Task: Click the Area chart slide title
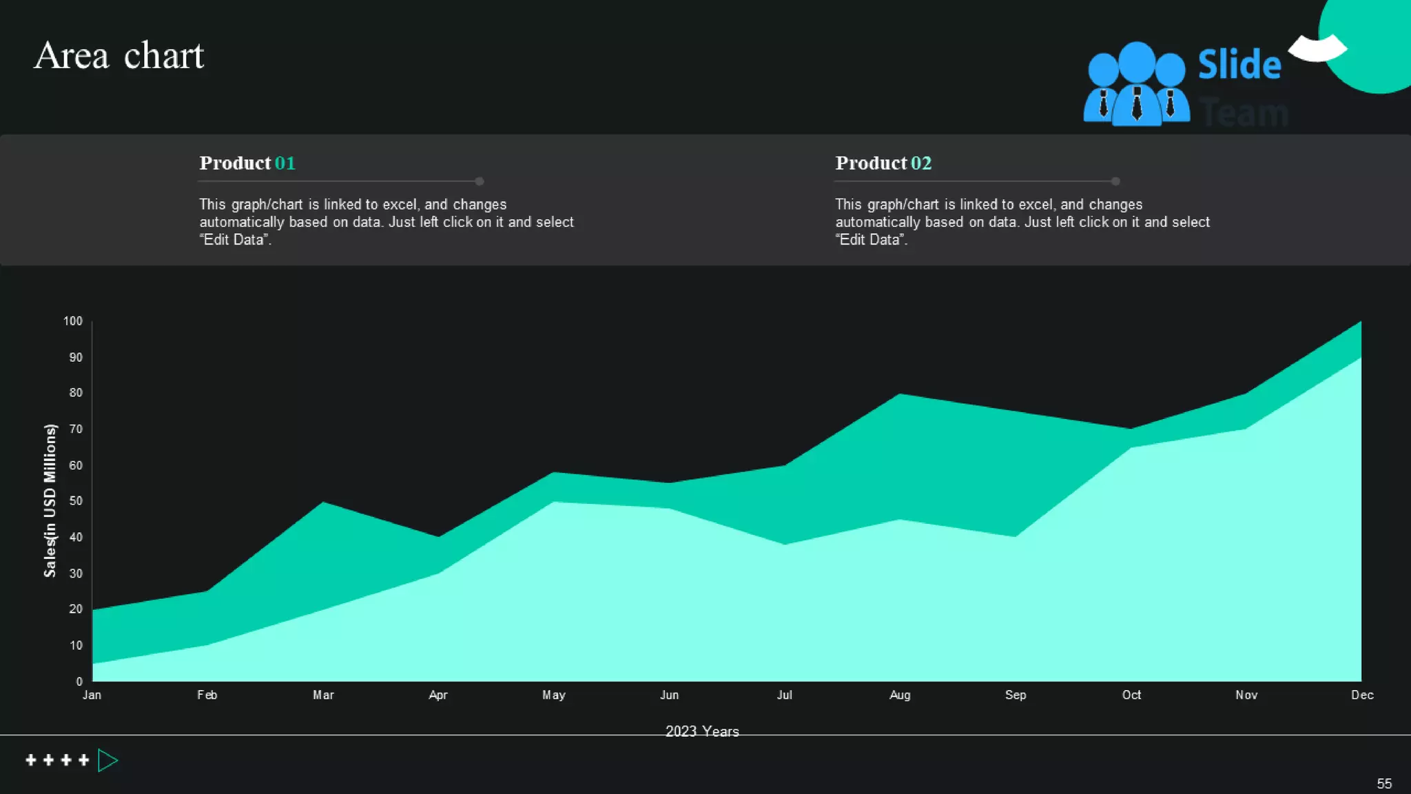(x=119, y=55)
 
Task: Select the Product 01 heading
(x=247, y=163)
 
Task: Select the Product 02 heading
(x=883, y=163)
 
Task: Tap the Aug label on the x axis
(x=899, y=695)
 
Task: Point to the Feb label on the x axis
(x=207, y=695)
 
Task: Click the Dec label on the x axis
(x=1361, y=695)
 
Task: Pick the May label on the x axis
(x=553, y=695)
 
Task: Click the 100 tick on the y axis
(x=72, y=321)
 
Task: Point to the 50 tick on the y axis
(x=76, y=501)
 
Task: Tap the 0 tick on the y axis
(x=79, y=681)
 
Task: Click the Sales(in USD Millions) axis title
(x=50, y=500)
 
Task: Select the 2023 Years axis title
(x=701, y=731)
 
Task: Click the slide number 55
(x=1383, y=784)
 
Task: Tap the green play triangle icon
(x=107, y=760)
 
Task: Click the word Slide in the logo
(x=1239, y=65)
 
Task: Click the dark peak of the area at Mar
(x=322, y=507)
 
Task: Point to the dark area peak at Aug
(x=900, y=398)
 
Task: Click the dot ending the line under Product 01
(x=480, y=181)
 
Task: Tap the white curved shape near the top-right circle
(x=1317, y=48)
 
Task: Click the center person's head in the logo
(x=1136, y=61)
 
